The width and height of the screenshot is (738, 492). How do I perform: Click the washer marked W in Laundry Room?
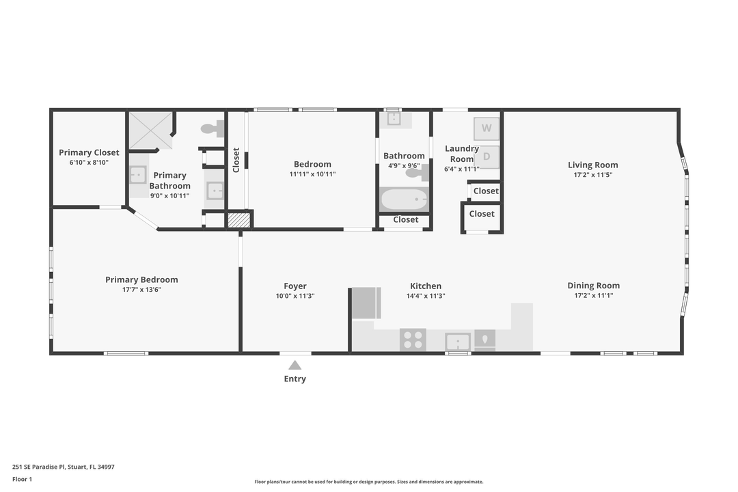pos(487,128)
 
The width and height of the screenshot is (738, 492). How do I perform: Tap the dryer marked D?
pos(487,156)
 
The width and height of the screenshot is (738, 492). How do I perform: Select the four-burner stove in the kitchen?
pos(413,340)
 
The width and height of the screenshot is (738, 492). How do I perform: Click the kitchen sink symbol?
pos(457,340)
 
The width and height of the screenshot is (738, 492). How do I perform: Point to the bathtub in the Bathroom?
pos(404,200)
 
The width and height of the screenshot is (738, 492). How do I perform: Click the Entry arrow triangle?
pos(295,366)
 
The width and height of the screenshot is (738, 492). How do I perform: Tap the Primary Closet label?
pos(89,152)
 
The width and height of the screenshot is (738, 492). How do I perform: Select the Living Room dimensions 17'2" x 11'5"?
pos(593,175)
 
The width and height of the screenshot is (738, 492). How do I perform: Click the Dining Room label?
pos(593,286)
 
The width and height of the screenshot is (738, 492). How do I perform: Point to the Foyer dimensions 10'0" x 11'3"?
pos(295,297)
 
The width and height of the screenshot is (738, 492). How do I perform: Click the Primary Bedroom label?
pos(141,279)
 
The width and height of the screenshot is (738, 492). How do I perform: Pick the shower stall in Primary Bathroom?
pos(151,130)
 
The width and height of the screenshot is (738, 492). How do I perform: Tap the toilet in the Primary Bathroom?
pos(213,128)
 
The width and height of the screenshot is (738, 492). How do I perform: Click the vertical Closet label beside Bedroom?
pos(236,160)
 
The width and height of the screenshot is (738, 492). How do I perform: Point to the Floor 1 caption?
pos(22,479)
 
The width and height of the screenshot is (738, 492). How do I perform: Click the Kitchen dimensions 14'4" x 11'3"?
pos(426,297)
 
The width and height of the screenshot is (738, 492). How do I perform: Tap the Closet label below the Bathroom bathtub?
pos(405,220)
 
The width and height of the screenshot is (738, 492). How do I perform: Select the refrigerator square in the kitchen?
pos(366,303)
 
